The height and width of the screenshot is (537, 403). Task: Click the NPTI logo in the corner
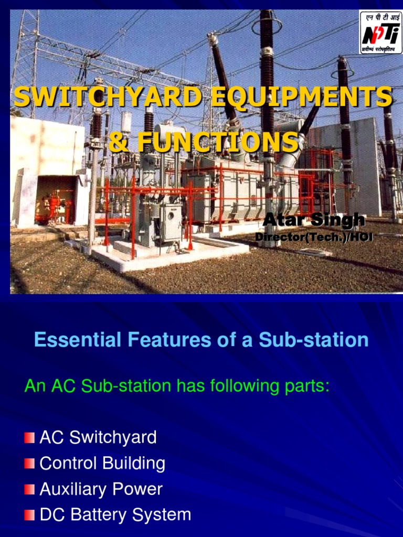tap(379, 32)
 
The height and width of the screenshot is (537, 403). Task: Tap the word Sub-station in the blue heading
tap(313, 340)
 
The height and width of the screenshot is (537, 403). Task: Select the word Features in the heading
tap(156, 340)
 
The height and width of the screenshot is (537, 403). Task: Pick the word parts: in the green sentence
tap(306, 386)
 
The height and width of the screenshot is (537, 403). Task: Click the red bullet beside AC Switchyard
tap(29, 438)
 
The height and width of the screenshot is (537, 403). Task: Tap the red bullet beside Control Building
tap(29, 464)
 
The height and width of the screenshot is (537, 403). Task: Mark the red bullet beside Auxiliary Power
tap(29, 490)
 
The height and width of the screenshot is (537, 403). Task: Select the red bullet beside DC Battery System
tap(29, 515)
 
